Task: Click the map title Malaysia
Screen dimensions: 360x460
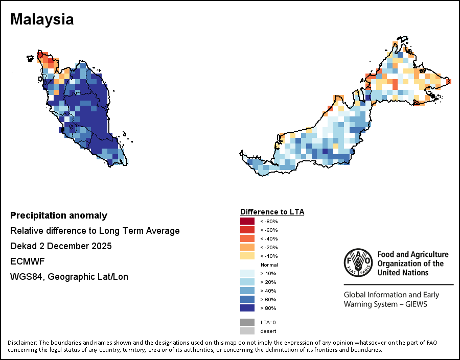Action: tap(42, 19)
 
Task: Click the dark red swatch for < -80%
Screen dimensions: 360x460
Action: tap(247, 221)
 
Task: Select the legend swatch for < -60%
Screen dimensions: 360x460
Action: tap(247, 230)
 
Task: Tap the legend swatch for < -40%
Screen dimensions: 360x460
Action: tap(247, 238)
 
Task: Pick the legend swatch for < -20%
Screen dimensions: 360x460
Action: tap(247, 247)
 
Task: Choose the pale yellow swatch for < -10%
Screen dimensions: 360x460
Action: tap(247, 256)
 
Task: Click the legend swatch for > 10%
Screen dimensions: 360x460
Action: tap(247, 273)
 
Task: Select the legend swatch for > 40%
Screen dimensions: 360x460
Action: tap(247, 291)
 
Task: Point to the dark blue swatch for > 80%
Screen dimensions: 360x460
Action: tap(247, 308)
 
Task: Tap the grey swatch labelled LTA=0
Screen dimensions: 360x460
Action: tap(247, 322)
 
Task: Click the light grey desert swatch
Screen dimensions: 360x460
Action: tap(247, 331)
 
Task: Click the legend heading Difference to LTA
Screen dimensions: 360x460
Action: tap(272, 211)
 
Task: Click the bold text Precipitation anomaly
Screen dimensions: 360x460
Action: tap(59, 215)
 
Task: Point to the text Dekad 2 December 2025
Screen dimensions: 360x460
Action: tap(61, 246)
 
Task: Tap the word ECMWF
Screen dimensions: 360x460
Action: tap(28, 261)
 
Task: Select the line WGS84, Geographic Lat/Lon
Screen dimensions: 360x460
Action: tap(69, 277)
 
